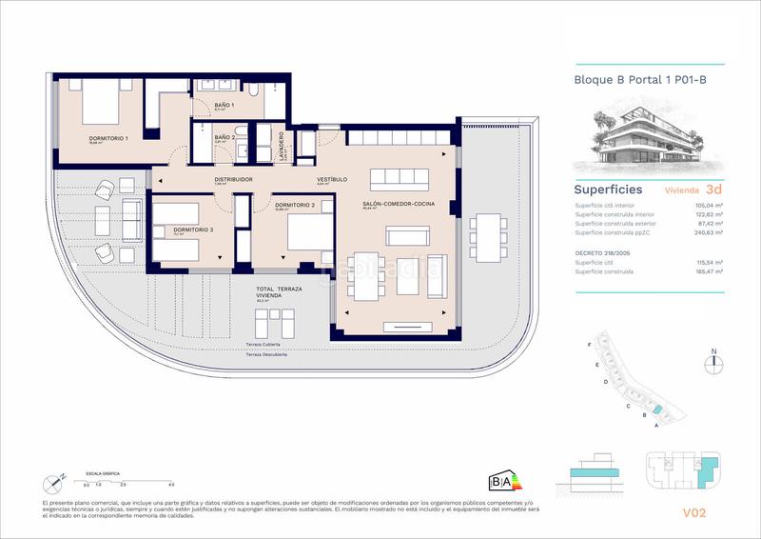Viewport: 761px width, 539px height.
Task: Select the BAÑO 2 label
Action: [x=224, y=137]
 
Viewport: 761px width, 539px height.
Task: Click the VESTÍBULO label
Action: [x=331, y=179]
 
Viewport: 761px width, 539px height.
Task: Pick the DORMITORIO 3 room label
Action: [x=193, y=230]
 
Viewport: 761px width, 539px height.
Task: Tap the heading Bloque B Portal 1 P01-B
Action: [x=640, y=80]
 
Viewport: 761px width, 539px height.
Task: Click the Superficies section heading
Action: [x=608, y=190]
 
